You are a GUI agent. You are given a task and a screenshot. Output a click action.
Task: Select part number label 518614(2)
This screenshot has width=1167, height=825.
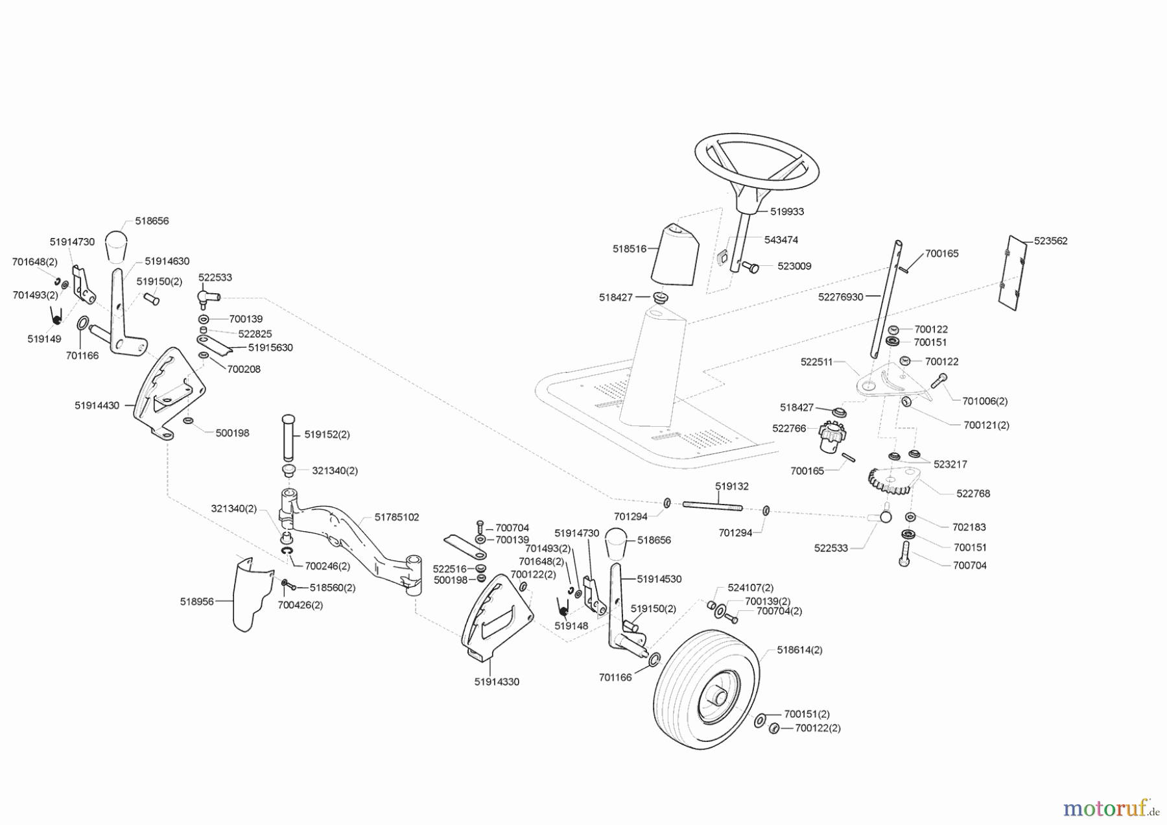pyautogui.click(x=799, y=649)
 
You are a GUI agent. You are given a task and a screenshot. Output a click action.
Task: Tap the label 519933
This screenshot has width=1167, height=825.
pyautogui.click(x=787, y=211)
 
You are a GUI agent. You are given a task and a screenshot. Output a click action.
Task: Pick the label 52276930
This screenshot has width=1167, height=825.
pyautogui.click(x=840, y=296)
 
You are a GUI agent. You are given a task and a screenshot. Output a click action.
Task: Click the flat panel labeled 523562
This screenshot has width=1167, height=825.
pyautogui.click(x=1012, y=272)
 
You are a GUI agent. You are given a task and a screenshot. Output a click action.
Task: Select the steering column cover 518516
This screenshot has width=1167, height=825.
pyautogui.click(x=674, y=254)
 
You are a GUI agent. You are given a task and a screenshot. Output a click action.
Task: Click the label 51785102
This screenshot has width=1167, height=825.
pyautogui.click(x=397, y=517)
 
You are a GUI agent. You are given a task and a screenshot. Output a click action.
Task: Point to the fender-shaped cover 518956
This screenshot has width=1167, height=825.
pyautogui.click(x=250, y=593)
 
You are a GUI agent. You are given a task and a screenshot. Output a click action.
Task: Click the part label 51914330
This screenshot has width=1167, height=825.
pyautogui.click(x=497, y=682)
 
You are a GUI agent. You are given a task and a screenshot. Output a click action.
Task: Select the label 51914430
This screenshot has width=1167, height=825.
pyautogui.click(x=97, y=405)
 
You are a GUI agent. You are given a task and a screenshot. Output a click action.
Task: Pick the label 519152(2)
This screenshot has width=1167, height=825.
pyautogui.click(x=327, y=435)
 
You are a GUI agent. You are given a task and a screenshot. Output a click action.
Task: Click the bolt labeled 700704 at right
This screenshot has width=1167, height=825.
pyautogui.click(x=905, y=554)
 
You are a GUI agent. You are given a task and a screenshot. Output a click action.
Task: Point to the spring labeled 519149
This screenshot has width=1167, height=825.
pyautogui.click(x=57, y=317)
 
